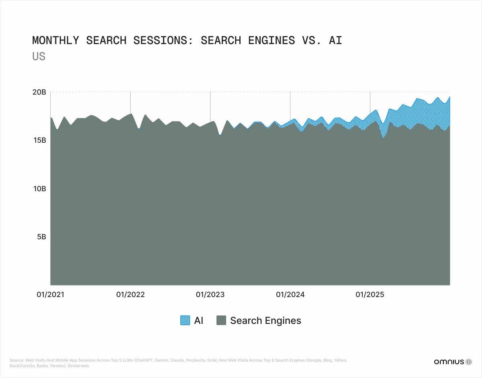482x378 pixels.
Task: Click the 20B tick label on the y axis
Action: pyautogui.click(x=39, y=92)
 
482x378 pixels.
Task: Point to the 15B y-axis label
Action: pyautogui.click(x=39, y=140)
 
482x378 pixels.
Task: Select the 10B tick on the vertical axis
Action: pyautogui.click(x=39, y=188)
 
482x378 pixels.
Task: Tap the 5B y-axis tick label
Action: pyautogui.click(x=41, y=237)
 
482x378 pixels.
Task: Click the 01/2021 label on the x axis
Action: pyautogui.click(x=50, y=295)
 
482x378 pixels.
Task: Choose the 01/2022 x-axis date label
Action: pyautogui.click(x=130, y=295)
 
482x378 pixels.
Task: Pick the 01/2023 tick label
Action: pyautogui.click(x=210, y=295)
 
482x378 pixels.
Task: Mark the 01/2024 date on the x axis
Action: pyautogui.click(x=290, y=295)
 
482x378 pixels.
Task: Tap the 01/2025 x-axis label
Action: pyautogui.click(x=370, y=295)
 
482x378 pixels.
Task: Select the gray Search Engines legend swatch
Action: pyautogui.click(x=221, y=320)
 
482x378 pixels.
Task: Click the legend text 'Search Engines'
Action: pyautogui.click(x=266, y=320)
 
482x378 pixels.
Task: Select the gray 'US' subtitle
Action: pyautogui.click(x=39, y=57)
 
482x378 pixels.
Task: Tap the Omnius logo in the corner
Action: pyautogui.click(x=453, y=362)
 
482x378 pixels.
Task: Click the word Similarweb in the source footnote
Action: pyautogui.click(x=81, y=366)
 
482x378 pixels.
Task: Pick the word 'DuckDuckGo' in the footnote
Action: pyautogui.click(x=20, y=366)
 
